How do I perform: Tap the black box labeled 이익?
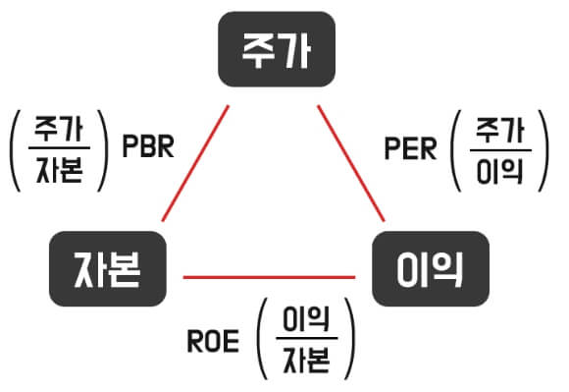(x=431, y=265)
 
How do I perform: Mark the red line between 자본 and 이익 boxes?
(x=269, y=277)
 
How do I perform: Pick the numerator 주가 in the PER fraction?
(x=500, y=129)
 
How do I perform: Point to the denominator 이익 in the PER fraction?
(x=500, y=172)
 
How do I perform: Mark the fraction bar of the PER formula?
(x=500, y=150)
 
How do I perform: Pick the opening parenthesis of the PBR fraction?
(x=16, y=149)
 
